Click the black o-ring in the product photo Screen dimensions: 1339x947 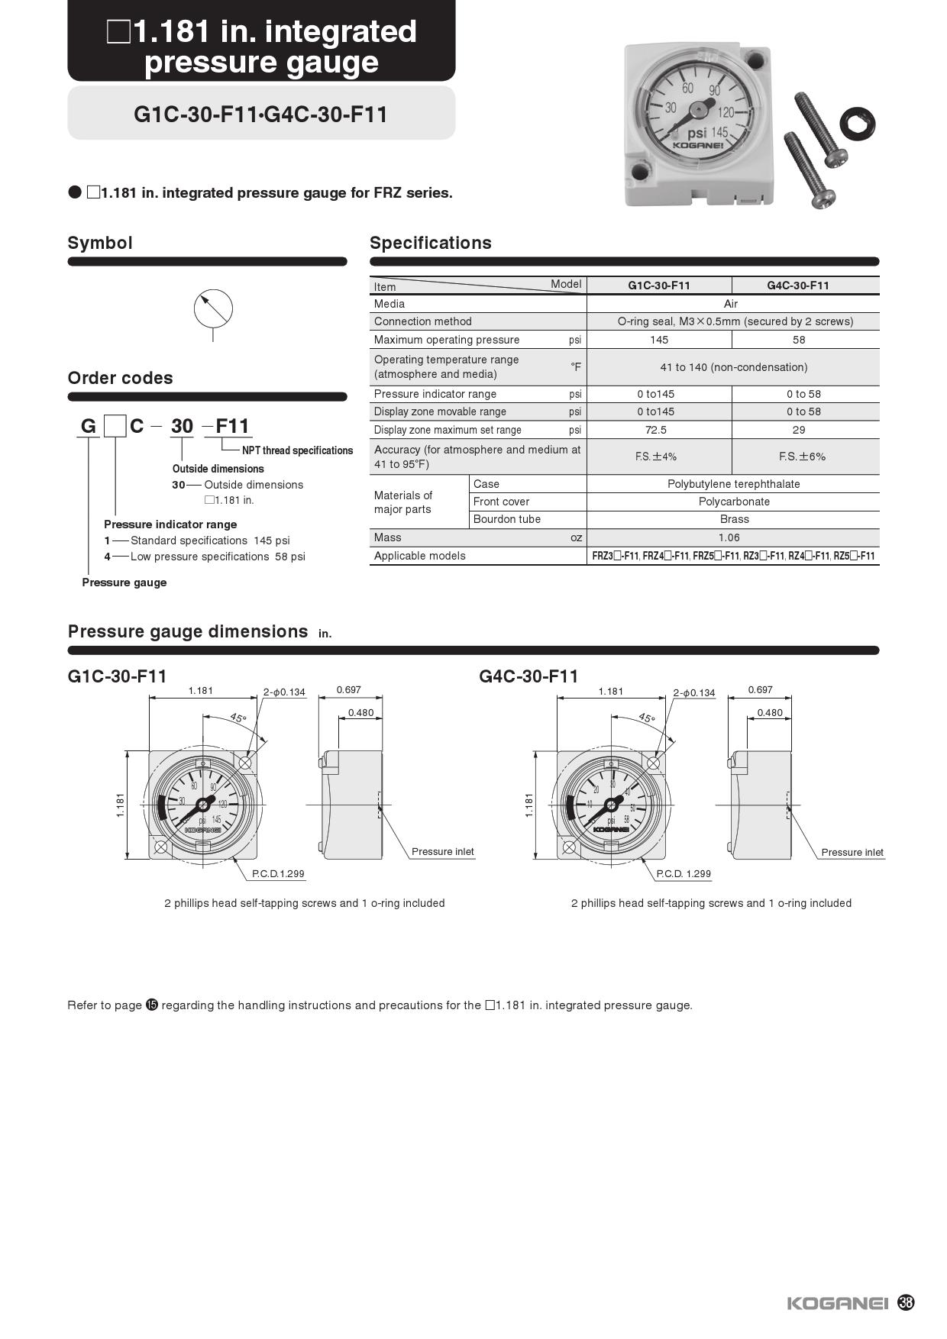857,122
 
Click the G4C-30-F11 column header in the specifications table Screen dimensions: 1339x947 798,286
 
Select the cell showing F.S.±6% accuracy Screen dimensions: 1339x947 802,457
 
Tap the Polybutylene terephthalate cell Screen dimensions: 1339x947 733,484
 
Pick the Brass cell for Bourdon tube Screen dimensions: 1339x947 734,519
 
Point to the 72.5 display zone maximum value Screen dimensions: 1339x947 655,430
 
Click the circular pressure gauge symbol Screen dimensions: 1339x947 213,308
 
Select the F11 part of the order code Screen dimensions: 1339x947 232,426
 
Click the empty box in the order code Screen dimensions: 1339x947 115,425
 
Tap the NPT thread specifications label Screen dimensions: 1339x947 297,450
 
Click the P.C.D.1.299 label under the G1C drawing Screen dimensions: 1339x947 278,873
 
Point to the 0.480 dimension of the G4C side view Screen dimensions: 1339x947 770,712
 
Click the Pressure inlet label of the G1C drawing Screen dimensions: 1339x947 442,851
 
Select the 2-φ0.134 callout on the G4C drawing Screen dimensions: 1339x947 693,692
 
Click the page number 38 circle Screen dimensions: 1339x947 906,1302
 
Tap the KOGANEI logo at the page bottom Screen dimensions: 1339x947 838,1303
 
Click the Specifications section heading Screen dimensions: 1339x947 431,243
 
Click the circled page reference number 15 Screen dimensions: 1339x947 152,1005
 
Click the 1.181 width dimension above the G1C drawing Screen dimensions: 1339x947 201,691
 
